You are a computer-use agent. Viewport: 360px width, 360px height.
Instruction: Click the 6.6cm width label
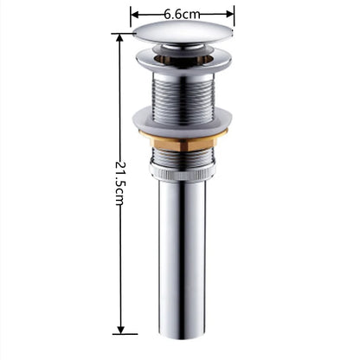(x=182, y=14)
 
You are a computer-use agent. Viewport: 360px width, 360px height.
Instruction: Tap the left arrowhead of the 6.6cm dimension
(x=134, y=14)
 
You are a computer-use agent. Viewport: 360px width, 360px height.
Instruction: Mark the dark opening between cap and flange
(x=182, y=52)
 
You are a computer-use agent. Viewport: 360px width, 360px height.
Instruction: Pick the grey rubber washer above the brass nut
(x=182, y=122)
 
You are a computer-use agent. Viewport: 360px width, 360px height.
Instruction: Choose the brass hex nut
(x=182, y=141)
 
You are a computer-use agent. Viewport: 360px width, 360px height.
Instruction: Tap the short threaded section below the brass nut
(x=182, y=157)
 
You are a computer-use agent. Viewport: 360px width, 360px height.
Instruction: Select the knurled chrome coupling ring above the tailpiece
(x=182, y=171)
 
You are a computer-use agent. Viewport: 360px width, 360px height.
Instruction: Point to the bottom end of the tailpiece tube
(x=182, y=333)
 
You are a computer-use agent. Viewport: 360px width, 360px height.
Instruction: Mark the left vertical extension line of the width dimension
(x=131, y=19)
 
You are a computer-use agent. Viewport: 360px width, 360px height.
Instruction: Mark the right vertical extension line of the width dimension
(x=235, y=19)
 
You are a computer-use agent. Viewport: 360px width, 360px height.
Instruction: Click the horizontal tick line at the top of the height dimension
(x=122, y=34)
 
